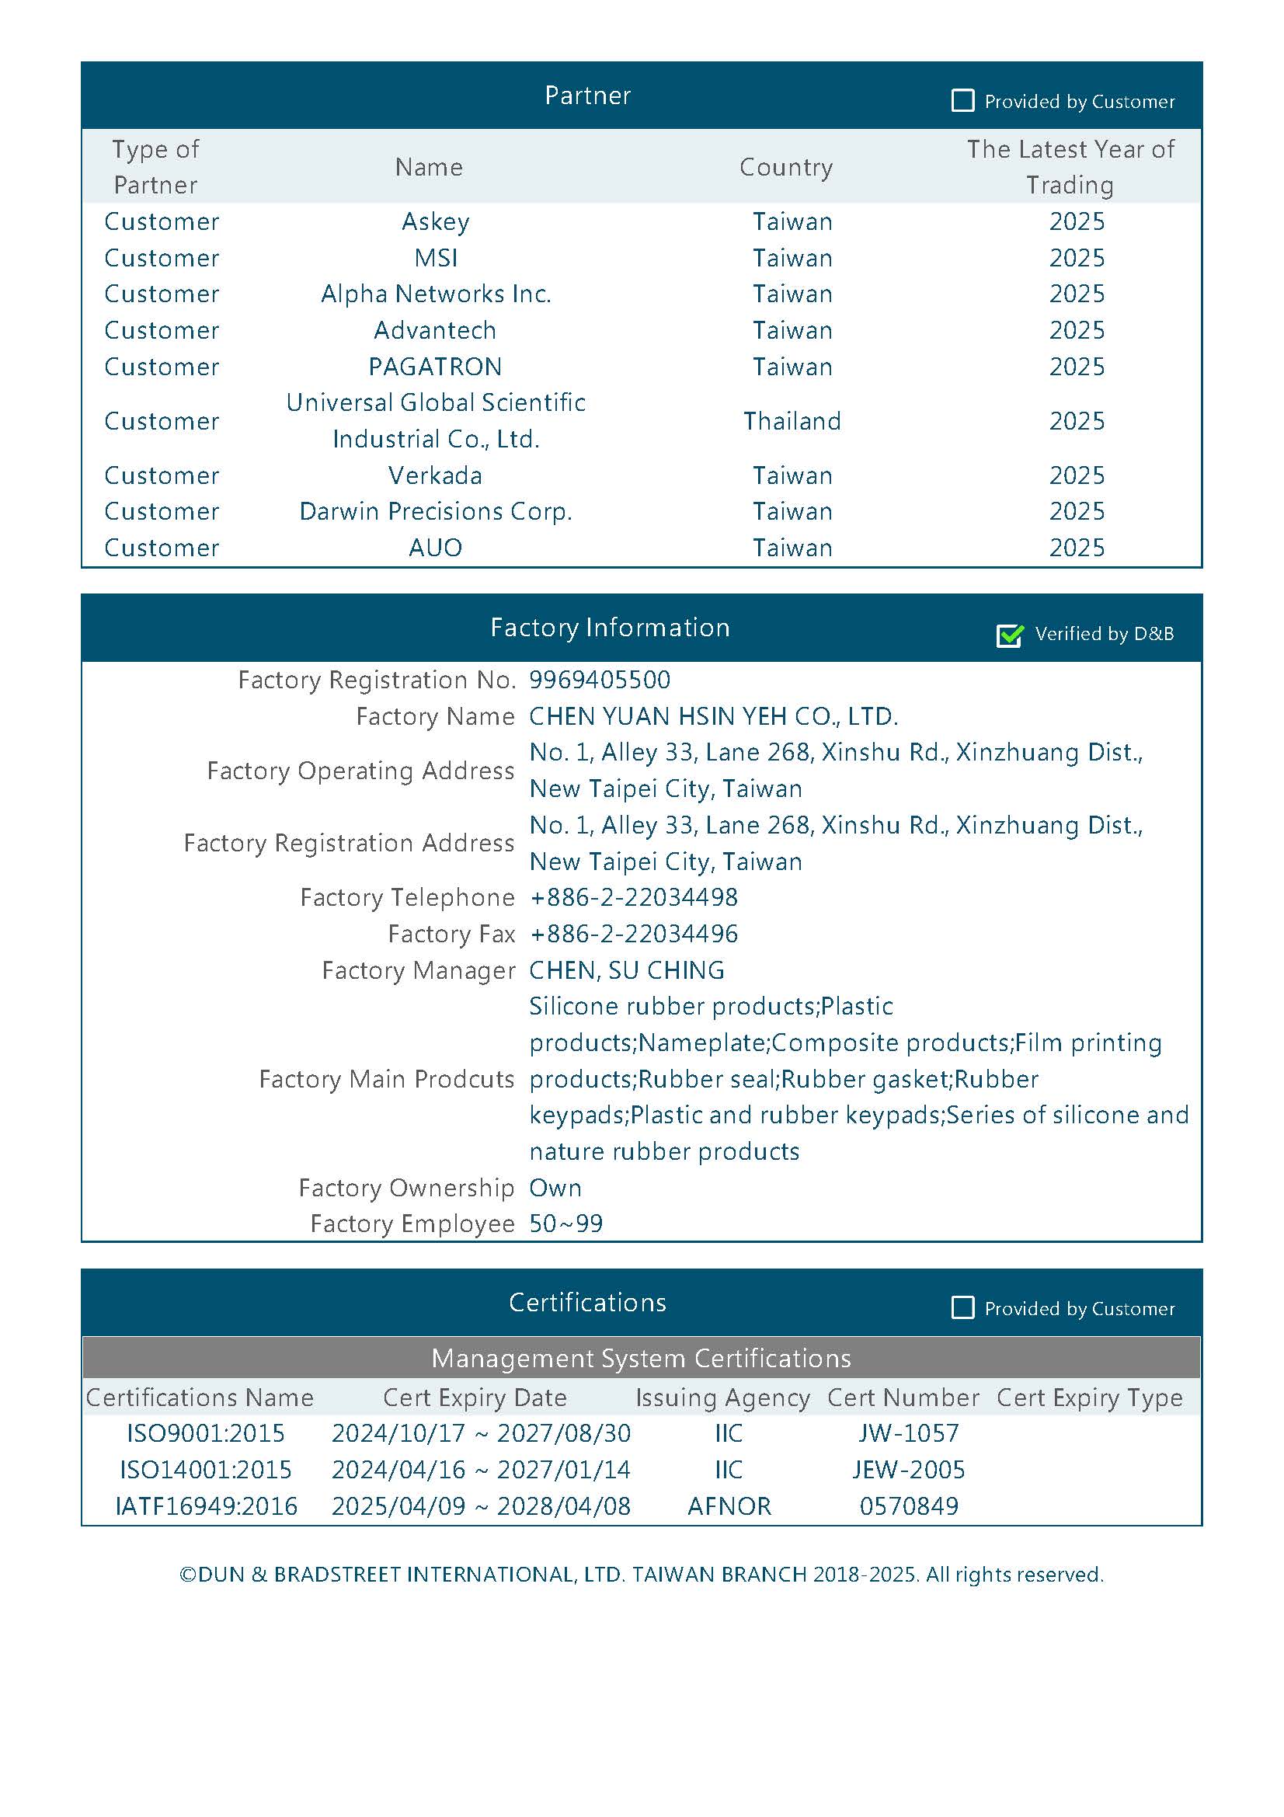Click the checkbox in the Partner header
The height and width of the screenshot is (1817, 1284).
962,100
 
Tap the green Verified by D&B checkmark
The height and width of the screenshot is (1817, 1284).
1010,634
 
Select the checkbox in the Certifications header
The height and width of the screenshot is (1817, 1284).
962,1307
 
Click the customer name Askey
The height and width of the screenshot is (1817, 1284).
435,221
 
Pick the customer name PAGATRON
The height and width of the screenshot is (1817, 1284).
435,367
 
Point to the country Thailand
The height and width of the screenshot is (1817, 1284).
792,421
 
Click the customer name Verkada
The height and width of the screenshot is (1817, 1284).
435,475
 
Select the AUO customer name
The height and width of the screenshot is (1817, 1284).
435,548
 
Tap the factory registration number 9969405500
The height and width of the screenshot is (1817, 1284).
600,680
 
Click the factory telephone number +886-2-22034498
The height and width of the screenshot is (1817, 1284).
634,897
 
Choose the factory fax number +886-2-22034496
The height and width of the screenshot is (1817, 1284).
634,934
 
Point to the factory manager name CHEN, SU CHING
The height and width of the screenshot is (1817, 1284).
627,970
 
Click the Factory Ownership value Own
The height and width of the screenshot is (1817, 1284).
555,1188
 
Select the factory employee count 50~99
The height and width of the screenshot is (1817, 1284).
566,1224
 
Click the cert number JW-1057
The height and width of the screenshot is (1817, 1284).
909,1433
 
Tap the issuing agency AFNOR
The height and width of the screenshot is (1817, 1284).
729,1506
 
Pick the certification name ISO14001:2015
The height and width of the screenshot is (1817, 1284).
206,1470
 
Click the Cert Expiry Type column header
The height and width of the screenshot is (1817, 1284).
1089,1398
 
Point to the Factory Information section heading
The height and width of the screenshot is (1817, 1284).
610,628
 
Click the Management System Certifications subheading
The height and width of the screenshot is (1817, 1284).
641,1358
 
